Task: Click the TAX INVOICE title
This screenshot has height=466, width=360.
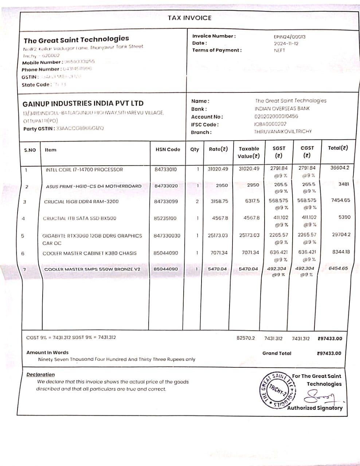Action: click(x=189, y=18)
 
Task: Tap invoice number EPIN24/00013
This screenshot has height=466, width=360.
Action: click(x=290, y=36)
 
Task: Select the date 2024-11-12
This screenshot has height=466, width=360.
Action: click(x=286, y=43)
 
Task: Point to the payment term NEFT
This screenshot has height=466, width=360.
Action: click(x=279, y=51)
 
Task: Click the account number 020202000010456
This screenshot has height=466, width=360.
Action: click(x=276, y=116)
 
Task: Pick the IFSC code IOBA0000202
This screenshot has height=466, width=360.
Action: click(x=270, y=124)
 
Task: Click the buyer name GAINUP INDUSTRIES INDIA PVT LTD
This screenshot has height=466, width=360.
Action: click(x=83, y=103)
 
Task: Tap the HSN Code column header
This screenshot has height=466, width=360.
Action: click(x=168, y=149)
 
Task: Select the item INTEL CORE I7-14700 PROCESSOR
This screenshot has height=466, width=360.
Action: click(x=84, y=170)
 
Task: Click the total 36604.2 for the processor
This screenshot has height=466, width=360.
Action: click(x=340, y=168)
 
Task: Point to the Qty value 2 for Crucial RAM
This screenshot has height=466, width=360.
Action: click(x=197, y=201)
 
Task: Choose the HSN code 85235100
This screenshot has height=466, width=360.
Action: click(x=165, y=218)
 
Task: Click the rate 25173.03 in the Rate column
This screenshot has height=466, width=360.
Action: click(x=218, y=235)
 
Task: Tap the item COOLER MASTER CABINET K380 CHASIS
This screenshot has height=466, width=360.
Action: click(x=90, y=253)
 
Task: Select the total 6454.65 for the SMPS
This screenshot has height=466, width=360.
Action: click(x=339, y=268)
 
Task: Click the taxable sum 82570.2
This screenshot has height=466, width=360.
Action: click(x=246, y=338)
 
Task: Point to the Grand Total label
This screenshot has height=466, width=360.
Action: click(x=277, y=353)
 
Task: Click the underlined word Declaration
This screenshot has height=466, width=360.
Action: click(x=40, y=375)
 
